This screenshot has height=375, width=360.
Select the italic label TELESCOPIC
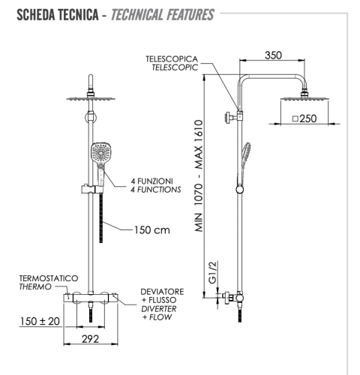(x=175, y=67)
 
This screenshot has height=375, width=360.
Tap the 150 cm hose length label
(x=153, y=230)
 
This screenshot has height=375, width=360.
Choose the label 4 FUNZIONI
(x=152, y=181)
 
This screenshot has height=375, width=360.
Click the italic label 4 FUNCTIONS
(x=155, y=190)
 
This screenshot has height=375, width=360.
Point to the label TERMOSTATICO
(x=48, y=278)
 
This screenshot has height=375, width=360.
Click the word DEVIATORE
(x=163, y=289)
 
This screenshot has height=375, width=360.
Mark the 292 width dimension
(x=90, y=338)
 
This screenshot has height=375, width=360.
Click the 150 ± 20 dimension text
(x=39, y=320)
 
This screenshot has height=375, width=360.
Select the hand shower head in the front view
(x=98, y=157)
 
